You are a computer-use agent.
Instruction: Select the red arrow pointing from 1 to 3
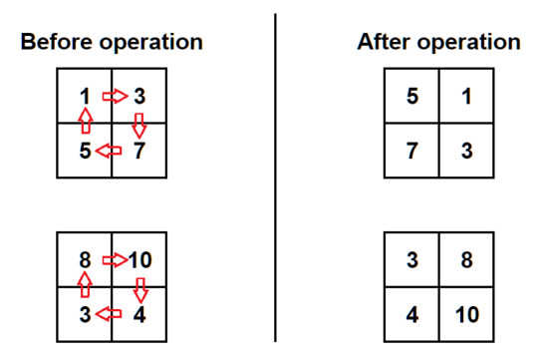click(116, 96)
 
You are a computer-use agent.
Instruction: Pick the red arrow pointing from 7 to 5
click(109, 151)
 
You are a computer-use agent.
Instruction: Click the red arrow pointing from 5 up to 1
click(86, 121)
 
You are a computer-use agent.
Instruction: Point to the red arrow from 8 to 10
click(116, 260)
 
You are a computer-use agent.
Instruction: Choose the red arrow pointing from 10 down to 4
click(140, 290)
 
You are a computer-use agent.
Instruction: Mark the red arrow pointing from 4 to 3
click(109, 314)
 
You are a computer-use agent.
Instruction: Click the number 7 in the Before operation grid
click(139, 151)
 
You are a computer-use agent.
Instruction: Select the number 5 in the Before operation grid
click(86, 151)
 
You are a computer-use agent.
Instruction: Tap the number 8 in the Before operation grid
click(85, 260)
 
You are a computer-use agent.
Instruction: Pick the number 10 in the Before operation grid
click(140, 260)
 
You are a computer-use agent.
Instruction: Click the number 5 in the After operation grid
click(412, 96)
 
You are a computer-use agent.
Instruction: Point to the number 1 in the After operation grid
click(467, 96)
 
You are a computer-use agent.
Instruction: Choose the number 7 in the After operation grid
click(412, 151)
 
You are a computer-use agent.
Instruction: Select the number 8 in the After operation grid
click(467, 260)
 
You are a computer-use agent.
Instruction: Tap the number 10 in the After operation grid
click(467, 314)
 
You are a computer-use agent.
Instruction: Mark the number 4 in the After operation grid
click(412, 314)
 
